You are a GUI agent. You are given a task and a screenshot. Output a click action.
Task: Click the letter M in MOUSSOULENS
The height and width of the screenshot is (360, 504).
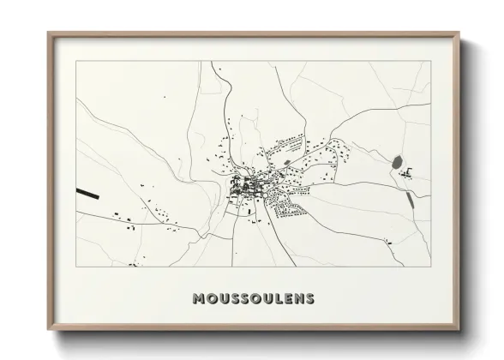click(200, 299)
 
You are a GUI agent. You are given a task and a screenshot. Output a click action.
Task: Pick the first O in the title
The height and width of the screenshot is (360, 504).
click(213, 299)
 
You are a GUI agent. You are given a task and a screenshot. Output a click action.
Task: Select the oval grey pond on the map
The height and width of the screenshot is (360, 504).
click(396, 161)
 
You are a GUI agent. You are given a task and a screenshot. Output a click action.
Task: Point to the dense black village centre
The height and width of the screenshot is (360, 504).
click(243, 187)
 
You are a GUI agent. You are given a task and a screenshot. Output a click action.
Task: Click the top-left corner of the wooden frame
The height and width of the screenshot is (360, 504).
click(49, 33)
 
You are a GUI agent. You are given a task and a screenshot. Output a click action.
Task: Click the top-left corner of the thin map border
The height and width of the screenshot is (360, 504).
click(76, 61)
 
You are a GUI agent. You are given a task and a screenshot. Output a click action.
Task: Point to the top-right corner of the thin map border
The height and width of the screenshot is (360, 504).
click(431, 61)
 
